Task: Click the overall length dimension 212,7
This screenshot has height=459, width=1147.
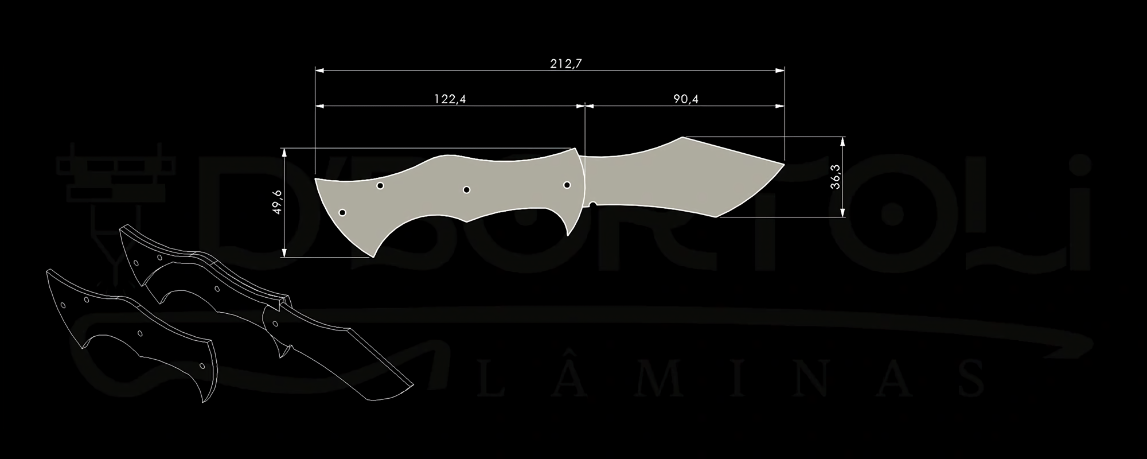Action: [x=566, y=63]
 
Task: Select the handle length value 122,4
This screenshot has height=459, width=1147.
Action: [x=450, y=99]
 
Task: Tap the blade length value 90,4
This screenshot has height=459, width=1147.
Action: [x=686, y=99]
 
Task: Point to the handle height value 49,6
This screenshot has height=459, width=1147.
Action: [x=278, y=202]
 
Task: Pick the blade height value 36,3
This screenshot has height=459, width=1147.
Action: [x=835, y=176]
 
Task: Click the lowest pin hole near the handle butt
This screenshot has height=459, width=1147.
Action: [x=342, y=212]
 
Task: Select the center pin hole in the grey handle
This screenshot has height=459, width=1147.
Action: [x=466, y=189]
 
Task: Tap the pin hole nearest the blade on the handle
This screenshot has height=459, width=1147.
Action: [x=567, y=185]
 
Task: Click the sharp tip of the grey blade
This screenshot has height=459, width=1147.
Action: [x=785, y=164]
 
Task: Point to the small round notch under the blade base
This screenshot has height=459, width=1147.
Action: [x=593, y=204]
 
